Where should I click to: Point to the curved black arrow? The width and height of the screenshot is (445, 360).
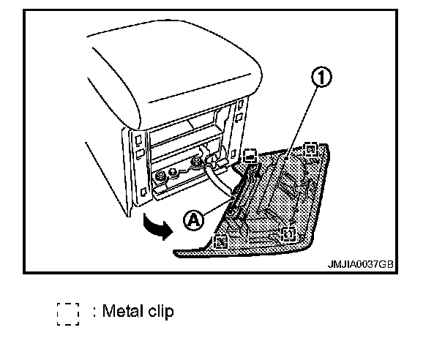click(157, 224)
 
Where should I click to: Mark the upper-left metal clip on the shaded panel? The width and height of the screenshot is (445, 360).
click(250, 154)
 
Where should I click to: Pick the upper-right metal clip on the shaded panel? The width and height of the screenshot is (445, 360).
click(311, 151)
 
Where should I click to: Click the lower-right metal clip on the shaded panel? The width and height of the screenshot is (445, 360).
click(288, 233)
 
